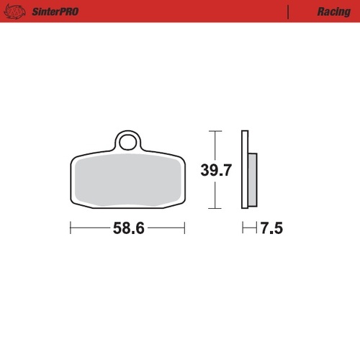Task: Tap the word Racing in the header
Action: point(333,12)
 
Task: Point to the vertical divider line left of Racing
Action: point(288,12)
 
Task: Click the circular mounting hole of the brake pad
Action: point(128,142)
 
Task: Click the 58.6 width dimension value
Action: point(128,229)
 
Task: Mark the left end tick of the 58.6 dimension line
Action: point(70,228)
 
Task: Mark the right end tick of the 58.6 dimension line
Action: point(186,228)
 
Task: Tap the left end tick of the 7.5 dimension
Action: point(242,228)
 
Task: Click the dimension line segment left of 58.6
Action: point(90,228)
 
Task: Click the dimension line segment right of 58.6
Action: point(167,228)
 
